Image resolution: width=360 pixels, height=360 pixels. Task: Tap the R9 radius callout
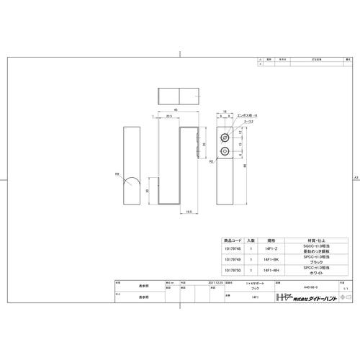point(117,174)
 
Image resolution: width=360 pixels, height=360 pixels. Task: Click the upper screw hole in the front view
point(225,136)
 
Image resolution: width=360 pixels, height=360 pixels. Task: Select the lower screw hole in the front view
point(225,151)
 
